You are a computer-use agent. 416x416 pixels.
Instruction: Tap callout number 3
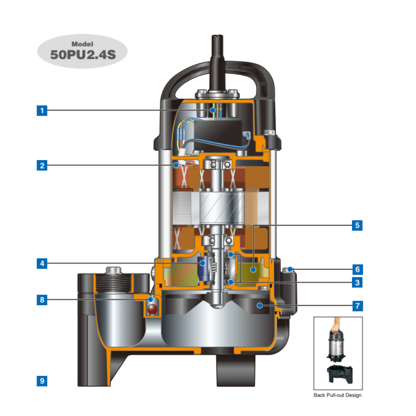[x=357, y=282]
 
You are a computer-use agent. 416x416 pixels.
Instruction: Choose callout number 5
[x=357, y=225]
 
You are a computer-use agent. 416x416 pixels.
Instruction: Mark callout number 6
[x=357, y=269]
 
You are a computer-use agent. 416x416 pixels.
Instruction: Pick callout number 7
[x=357, y=306]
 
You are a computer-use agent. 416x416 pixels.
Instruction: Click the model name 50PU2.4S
[x=83, y=54]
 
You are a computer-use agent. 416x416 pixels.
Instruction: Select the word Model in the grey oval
[x=82, y=44]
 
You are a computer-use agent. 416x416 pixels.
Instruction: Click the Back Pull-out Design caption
[x=337, y=395]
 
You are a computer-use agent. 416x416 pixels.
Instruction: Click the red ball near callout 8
[x=152, y=309]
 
